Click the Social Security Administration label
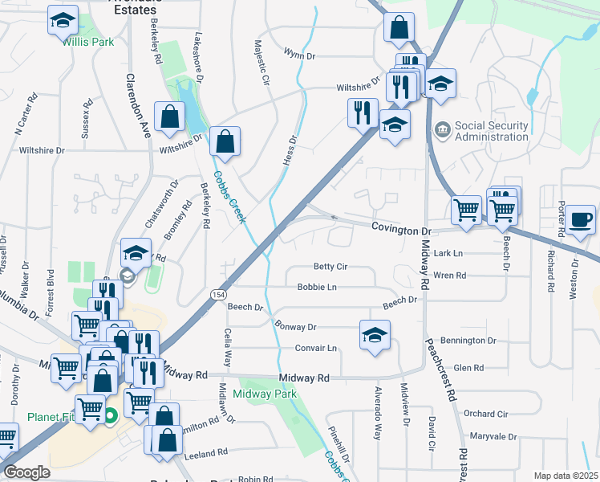tap(491, 131)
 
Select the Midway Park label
tap(265, 394)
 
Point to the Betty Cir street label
tap(330, 267)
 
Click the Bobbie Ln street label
tap(316, 287)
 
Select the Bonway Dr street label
tap(296, 327)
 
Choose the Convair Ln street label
tap(316, 348)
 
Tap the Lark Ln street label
tap(448, 253)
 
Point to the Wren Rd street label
tap(449, 276)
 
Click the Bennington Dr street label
tap(475, 341)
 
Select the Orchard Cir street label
tap(486, 414)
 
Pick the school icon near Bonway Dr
tap(374, 334)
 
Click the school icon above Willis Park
tap(63, 19)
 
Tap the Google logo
tap(26, 472)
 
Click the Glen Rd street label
tap(468, 368)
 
